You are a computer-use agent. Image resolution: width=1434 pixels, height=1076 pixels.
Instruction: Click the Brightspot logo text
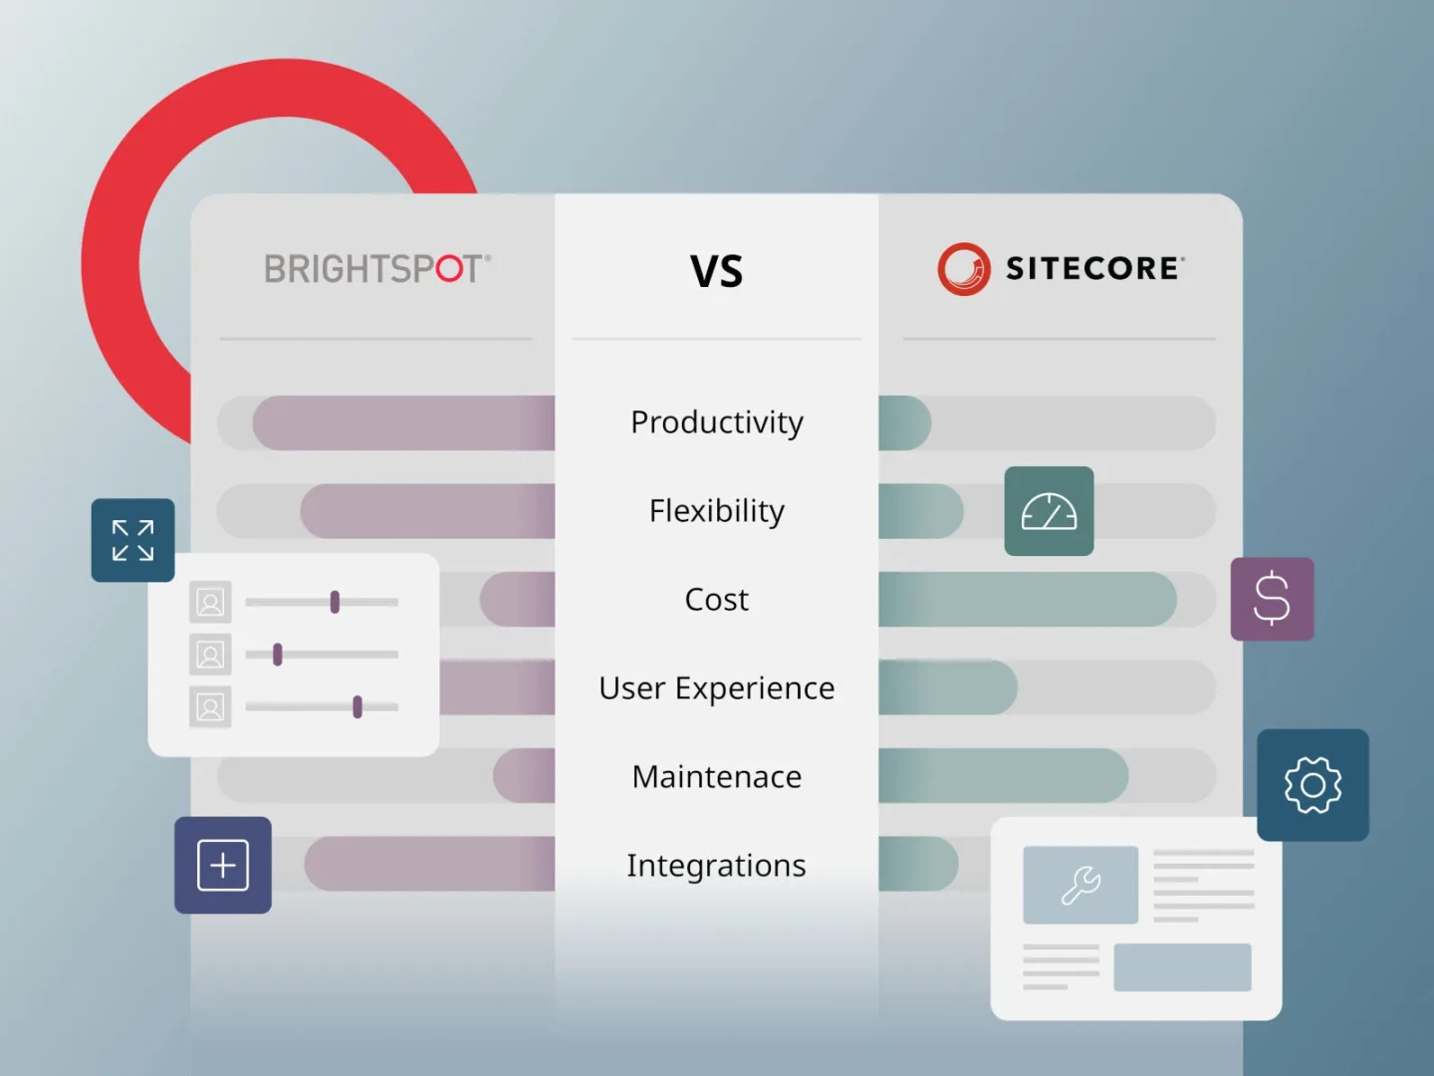point(377,269)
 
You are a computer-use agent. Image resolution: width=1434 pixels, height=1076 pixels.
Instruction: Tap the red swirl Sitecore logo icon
point(964,269)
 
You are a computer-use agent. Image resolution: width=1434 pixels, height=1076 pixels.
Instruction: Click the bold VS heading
point(717,271)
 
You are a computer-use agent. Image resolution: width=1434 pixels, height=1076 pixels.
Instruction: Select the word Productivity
point(717,422)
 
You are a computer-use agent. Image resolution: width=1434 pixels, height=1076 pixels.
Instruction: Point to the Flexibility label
point(717,511)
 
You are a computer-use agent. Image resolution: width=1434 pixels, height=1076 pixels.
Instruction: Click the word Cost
point(717,599)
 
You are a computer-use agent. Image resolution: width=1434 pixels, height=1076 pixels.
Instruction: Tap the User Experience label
point(717,688)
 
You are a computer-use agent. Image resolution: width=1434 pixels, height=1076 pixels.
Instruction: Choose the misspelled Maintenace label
point(717,777)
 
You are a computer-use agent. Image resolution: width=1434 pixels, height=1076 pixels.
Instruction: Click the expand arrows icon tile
point(133,540)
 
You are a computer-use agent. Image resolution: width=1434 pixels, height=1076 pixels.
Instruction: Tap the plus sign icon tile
point(223,865)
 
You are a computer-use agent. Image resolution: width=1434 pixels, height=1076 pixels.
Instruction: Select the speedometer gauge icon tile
point(1050,511)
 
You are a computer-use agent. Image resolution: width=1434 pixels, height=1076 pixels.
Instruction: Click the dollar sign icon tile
point(1272,599)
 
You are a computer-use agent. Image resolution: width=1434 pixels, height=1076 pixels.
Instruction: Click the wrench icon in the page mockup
point(1081,886)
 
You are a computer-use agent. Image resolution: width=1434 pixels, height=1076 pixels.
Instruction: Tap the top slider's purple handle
point(336,602)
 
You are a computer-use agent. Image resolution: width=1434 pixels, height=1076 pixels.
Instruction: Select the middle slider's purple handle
point(278,654)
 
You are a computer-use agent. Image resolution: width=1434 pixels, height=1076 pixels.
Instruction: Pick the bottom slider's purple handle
point(358,707)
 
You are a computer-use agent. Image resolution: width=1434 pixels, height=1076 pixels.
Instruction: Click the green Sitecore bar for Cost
point(1028,599)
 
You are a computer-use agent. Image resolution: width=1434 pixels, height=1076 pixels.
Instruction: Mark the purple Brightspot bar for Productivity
point(403,422)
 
